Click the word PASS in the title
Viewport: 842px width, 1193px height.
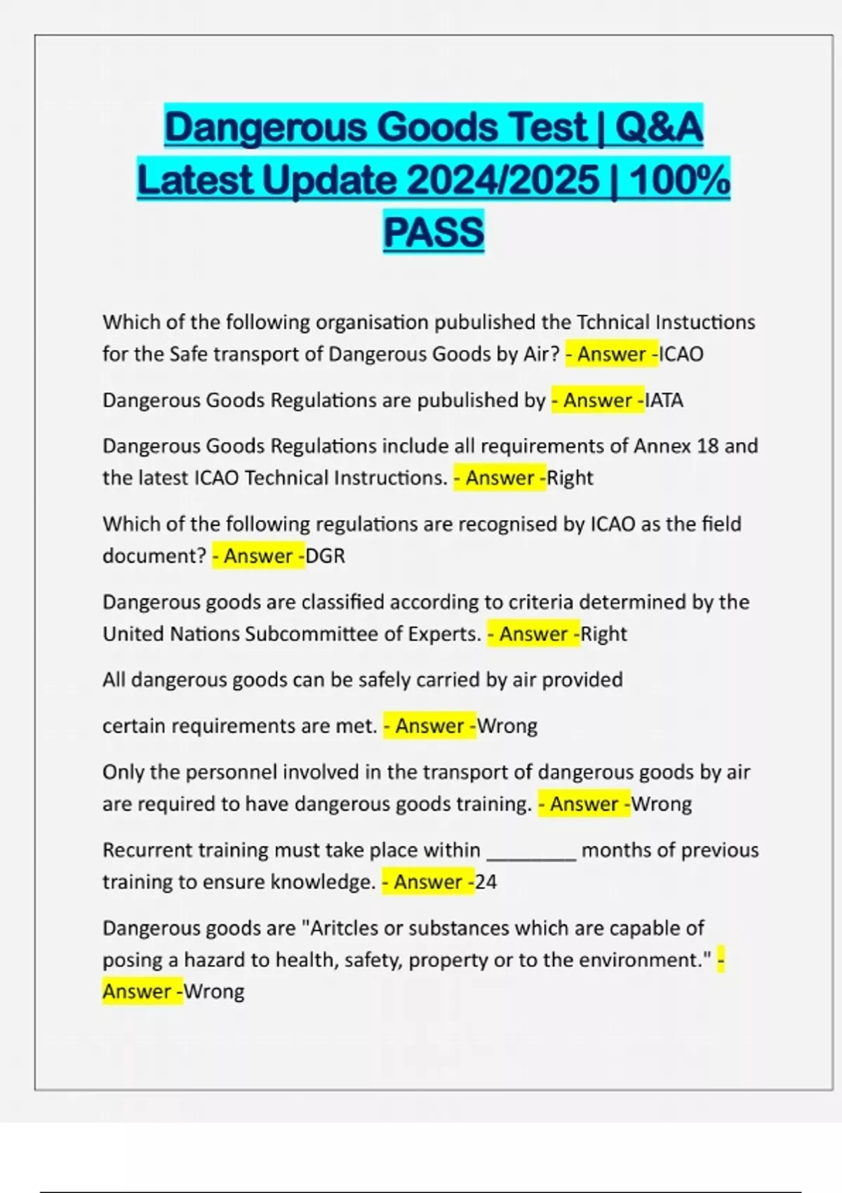point(434,232)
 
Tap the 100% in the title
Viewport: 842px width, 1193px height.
point(679,180)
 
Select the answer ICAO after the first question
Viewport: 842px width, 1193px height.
point(681,354)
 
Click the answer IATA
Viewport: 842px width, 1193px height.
point(664,400)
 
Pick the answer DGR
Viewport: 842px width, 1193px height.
point(326,556)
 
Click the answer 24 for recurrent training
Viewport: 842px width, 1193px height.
point(486,881)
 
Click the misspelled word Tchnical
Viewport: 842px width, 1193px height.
point(613,322)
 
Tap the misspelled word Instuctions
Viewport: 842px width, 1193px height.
point(705,322)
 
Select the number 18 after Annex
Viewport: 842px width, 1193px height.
point(707,446)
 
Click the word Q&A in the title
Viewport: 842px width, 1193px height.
point(659,127)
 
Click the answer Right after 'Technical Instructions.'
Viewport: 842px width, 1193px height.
point(570,478)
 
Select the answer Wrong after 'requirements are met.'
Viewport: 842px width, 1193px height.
point(507,726)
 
